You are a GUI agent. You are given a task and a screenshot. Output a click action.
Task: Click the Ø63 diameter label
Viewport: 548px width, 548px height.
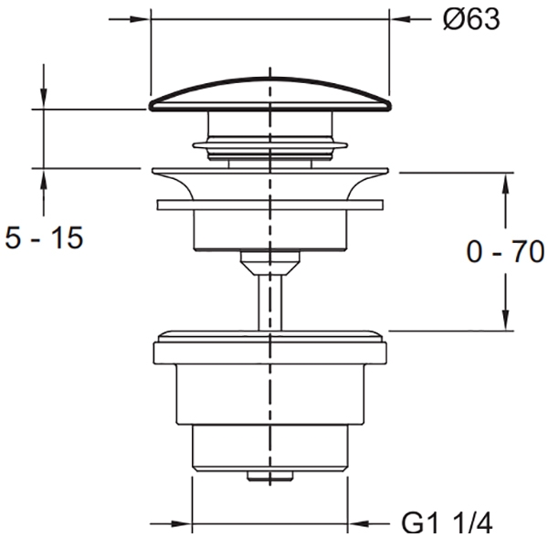[471, 19]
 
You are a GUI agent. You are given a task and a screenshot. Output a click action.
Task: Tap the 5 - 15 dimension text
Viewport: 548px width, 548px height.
[44, 237]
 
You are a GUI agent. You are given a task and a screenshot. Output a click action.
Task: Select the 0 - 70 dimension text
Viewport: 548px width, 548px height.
[505, 251]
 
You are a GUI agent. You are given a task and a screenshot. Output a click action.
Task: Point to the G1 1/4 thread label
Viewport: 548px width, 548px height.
[447, 523]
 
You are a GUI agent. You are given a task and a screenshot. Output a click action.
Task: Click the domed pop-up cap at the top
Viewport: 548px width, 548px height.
[269, 94]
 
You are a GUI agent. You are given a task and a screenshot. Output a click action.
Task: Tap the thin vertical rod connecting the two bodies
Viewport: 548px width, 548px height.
[269, 302]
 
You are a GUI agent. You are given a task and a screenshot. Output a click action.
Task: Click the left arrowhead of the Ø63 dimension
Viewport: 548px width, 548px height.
[140, 19]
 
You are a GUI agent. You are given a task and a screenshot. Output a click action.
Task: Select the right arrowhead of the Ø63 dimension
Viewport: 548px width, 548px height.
[400, 19]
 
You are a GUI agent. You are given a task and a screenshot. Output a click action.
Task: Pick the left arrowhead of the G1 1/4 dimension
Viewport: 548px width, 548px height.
[182, 523]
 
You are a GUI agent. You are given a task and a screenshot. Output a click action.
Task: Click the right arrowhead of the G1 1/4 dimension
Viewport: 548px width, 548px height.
[358, 523]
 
